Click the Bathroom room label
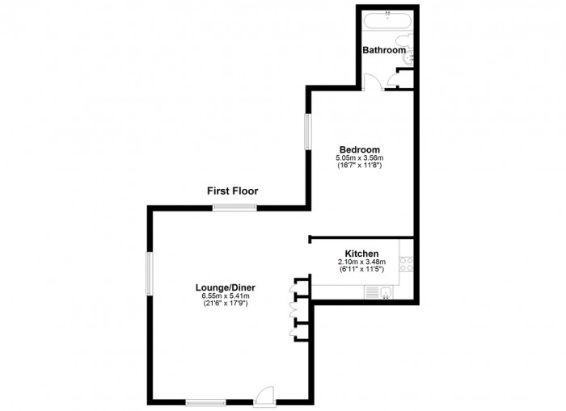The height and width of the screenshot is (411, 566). pyautogui.click(x=383, y=50)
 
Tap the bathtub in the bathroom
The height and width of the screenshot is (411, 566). pyautogui.click(x=386, y=21)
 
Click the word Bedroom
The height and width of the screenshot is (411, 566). pyautogui.click(x=359, y=149)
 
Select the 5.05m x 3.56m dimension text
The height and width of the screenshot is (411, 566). pyautogui.click(x=359, y=157)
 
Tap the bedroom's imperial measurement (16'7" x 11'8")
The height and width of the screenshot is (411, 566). pyautogui.click(x=359, y=166)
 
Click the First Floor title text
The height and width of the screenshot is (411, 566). pyautogui.click(x=232, y=191)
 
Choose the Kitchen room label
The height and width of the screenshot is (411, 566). pyautogui.click(x=361, y=254)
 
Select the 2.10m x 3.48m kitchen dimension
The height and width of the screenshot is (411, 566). pyautogui.click(x=361, y=262)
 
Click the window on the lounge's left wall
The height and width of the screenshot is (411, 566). pyautogui.click(x=149, y=273)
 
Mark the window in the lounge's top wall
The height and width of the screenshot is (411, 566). pyautogui.click(x=234, y=208)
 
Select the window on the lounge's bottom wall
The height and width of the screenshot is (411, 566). pyautogui.click(x=205, y=401)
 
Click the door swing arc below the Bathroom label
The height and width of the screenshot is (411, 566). pyautogui.click(x=371, y=82)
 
